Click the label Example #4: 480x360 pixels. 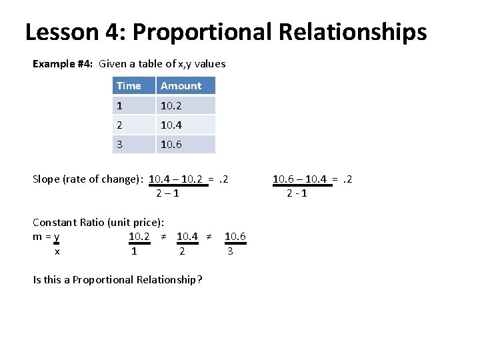62,64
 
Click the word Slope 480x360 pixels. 46,179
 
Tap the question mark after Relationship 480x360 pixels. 200,279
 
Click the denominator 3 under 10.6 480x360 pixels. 230,251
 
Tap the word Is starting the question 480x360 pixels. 37,279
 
